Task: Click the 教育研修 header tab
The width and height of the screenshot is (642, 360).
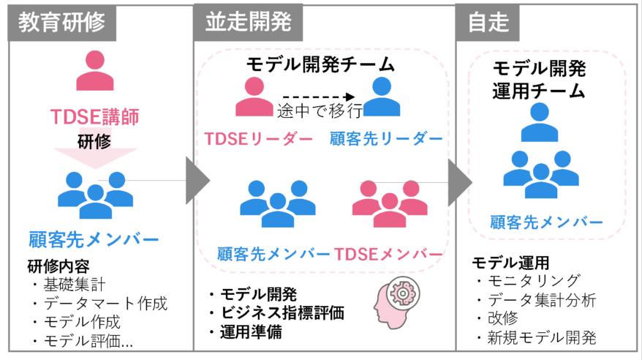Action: (61, 22)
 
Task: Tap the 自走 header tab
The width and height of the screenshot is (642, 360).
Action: (488, 22)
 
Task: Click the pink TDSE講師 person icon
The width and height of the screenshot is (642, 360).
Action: (95, 71)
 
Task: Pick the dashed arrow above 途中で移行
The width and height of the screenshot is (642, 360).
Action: (318, 97)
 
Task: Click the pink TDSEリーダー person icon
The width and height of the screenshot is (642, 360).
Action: (254, 97)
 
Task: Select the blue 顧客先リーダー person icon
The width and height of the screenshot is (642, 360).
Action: (382, 97)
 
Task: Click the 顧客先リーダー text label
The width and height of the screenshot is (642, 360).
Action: (385, 139)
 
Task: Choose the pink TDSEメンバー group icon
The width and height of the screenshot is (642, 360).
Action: (389, 204)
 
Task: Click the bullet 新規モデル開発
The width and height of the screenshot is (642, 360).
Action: (542, 338)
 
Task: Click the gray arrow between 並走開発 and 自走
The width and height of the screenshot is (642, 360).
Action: (459, 181)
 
